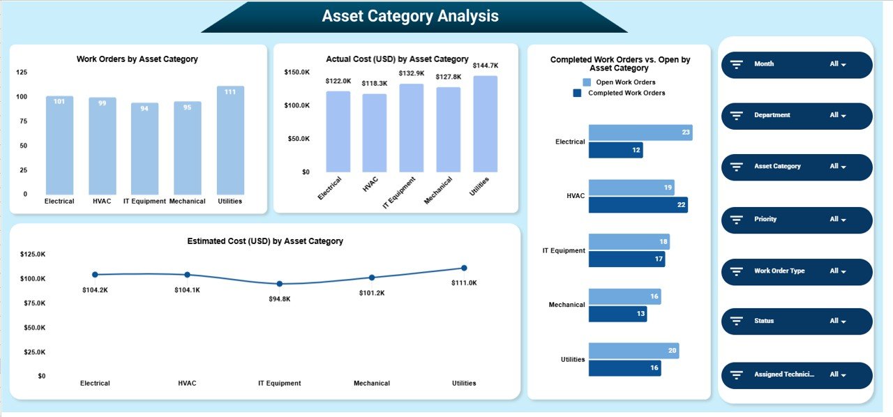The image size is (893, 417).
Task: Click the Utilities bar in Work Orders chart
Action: tap(230, 140)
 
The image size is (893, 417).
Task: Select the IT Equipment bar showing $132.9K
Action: tap(411, 128)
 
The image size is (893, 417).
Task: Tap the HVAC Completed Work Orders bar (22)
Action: tap(638, 204)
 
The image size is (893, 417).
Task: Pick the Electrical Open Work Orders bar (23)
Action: tap(640, 132)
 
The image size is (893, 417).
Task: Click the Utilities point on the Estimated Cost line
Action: tap(464, 268)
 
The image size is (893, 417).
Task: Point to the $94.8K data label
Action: tap(279, 298)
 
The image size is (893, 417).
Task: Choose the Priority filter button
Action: tap(796, 220)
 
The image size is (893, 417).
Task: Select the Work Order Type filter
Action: tap(796, 271)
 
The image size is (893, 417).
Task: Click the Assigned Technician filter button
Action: tap(796, 374)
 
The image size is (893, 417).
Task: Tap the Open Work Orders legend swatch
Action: tap(587, 82)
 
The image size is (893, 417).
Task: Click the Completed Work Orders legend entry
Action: tap(626, 93)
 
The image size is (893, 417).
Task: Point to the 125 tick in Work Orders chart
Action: tap(22, 73)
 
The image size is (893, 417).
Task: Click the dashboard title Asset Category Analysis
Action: tap(410, 16)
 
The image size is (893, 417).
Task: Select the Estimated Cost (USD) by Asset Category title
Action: tap(265, 241)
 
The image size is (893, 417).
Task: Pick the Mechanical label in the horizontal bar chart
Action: tap(566, 305)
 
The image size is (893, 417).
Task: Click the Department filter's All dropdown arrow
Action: tap(843, 116)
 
